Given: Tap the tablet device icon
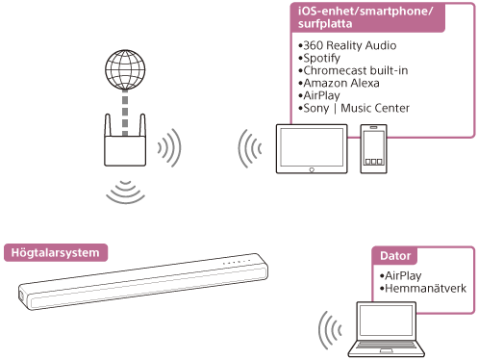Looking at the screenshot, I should [309, 148].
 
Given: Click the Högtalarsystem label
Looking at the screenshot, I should [55, 253].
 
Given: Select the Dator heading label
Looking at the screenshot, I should [395, 258].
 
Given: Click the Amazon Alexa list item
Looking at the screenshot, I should [341, 84].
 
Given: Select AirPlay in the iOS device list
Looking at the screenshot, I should [323, 96].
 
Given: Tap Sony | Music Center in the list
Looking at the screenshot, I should [355, 109].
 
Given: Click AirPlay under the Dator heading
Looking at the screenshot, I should [403, 275].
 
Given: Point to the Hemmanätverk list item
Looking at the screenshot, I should [423, 288].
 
